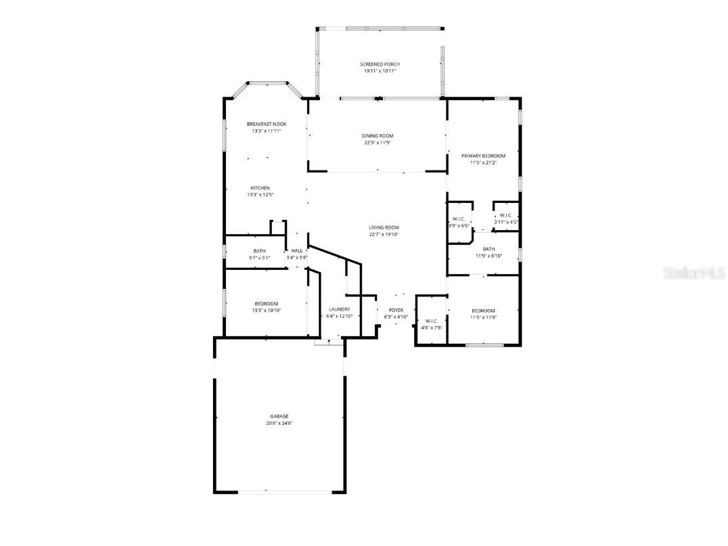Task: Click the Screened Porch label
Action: point(379,64)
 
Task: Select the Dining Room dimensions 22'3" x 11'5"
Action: point(377,143)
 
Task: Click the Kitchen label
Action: point(260,187)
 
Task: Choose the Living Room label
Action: point(384,227)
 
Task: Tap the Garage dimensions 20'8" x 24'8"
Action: point(279,423)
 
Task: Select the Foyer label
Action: point(396,310)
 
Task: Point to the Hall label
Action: point(296,251)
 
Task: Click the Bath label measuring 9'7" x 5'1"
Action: point(259,251)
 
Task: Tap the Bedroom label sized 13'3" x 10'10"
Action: point(266,304)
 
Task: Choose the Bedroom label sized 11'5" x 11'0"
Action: point(483,311)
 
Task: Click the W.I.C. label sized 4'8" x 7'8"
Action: point(432,321)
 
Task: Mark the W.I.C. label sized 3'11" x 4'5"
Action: point(505,215)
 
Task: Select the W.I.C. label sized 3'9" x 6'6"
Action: point(458,219)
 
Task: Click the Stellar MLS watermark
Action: point(695,273)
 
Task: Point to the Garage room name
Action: point(279,416)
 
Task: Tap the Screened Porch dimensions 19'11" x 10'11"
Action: point(379,71)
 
